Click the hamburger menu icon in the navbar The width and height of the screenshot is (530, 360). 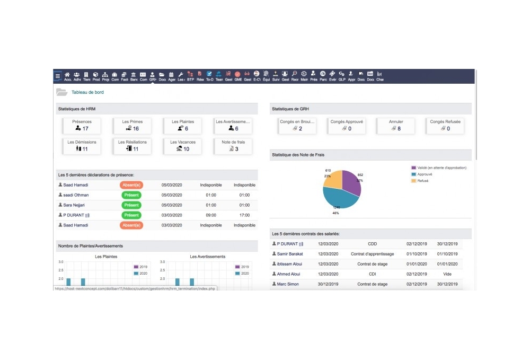tap(58, 76)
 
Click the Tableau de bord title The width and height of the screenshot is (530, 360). tap(87, 92)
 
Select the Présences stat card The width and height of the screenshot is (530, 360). tap(82, 125)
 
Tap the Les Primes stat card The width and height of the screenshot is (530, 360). tap(132, 125)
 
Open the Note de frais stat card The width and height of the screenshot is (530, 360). tap(233, 146)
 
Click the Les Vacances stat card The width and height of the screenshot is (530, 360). tap(183, 146)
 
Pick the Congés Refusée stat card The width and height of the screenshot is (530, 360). tap(445, 125)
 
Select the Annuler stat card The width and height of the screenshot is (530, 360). tap(396, 125)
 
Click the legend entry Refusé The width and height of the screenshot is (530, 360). tap(422, 181)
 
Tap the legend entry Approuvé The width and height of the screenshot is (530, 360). tap(425, 174)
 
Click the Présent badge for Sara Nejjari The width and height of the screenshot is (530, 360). tap(131, 205)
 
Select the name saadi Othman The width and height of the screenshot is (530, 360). tap(76, 195)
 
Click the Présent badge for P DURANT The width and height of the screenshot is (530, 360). tap(131, 215)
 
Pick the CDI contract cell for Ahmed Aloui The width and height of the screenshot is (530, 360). tap(372, 274)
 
